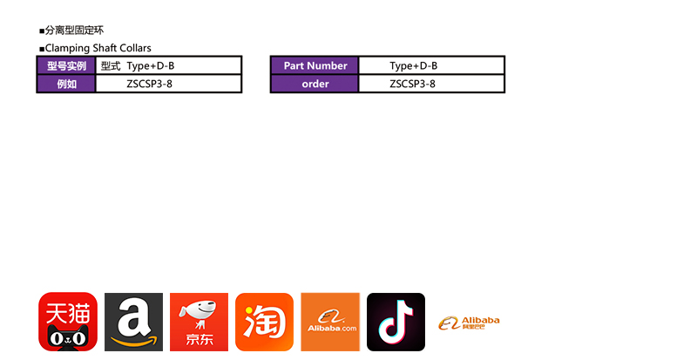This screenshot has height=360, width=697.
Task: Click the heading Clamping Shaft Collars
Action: click(98, 48)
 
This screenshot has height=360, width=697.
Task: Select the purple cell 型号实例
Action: click(66, 65)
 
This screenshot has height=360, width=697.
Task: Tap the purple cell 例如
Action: click(66, 84)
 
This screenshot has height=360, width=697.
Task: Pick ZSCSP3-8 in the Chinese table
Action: click(149, 84)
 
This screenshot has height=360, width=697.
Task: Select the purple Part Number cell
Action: click(315, 65)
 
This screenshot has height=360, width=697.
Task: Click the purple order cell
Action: click(315, 84)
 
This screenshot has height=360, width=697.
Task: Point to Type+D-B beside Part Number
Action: click(413, 65)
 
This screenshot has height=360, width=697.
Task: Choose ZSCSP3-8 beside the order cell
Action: click(412, 84)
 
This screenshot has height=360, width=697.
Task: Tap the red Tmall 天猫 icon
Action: click(68, 322)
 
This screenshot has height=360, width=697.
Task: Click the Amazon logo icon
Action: click(133, 322)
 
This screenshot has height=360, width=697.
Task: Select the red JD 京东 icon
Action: click(199, 322)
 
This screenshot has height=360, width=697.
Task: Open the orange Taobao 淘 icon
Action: click(264, 322)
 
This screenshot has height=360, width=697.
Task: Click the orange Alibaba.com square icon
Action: click(330, 322)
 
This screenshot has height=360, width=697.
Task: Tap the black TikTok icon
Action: click(396, 322)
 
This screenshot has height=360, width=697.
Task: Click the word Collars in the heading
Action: click(135, 48)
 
